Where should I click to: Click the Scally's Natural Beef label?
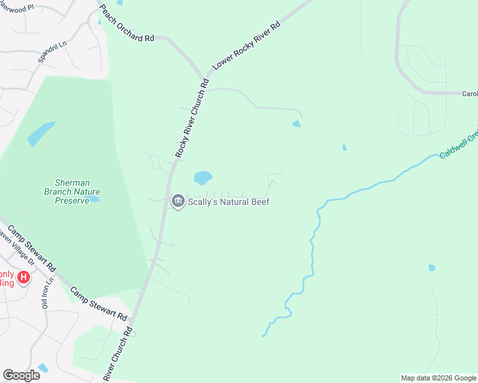228,202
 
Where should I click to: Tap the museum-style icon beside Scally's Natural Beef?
178,202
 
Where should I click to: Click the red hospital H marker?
24,277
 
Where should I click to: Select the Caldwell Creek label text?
458,146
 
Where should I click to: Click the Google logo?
21,375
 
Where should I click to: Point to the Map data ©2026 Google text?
438,378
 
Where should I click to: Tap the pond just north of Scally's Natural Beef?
203,177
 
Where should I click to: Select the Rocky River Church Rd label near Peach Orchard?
192,119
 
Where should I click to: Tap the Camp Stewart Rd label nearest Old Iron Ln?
98,303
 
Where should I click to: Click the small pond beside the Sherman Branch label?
94,199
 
